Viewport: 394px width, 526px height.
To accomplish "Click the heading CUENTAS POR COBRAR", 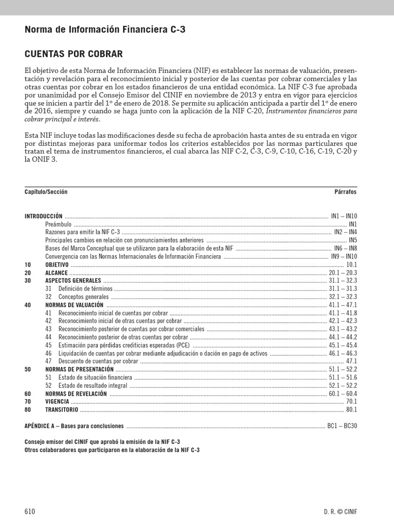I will (x=73, y=54).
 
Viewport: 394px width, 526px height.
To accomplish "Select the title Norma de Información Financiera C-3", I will (x=105, y=30).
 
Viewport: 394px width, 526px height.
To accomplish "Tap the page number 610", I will (x=30, y=512).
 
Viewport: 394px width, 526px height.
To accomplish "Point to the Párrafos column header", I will (x=345, y=192).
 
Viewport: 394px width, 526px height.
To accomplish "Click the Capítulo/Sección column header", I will (x=46, y=192).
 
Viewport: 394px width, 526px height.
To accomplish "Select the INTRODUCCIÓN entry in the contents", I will (x=43, y=216).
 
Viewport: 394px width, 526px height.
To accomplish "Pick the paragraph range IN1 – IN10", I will (x=344, y=216).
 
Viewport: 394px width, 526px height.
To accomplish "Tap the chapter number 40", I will (x=28, y=305).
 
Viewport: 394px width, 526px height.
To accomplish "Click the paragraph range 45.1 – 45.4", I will (x=343, y=345).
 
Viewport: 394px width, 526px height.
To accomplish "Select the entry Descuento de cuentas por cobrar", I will (x=98, y=361).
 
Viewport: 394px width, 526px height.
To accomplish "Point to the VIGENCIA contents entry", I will (x=56, y=401).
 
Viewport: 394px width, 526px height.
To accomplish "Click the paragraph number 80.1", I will (x=351, y=409).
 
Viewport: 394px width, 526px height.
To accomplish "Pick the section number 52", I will (x=49, y=385).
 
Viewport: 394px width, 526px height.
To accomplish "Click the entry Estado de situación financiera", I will (x=95, y=377).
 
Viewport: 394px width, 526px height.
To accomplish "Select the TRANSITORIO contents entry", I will (x=62, y=409).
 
